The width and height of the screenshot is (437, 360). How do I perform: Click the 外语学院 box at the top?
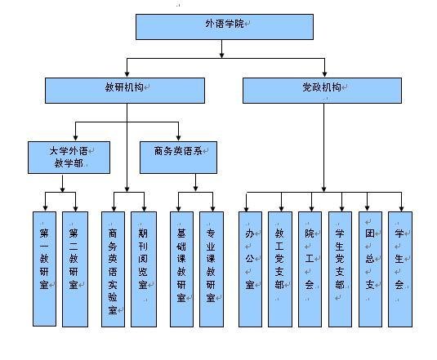[x=225, y=27]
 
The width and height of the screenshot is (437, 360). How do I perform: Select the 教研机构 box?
[x=125, y=91]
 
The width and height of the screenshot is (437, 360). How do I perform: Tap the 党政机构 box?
[x=322, y=91]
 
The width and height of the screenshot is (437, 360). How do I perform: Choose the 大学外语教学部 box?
[x=69, y=158]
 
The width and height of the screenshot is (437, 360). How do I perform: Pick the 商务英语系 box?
[x=178, y=158]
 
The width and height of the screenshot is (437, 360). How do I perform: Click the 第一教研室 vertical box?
[x=44, y=269]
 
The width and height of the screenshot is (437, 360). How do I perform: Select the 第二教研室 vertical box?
[x=75, y=269]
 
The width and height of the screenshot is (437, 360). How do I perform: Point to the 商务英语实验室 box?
[x=113, y=269]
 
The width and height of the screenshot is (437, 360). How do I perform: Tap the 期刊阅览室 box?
[x=144, y=269]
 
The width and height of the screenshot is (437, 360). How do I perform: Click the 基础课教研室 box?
[x=181, y=269]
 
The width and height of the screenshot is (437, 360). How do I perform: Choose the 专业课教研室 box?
[x=212, y=269]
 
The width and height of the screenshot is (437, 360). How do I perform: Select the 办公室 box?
[x=250, y=269]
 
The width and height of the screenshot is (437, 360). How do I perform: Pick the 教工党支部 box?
[x=280, y=269]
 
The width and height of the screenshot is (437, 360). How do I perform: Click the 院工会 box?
[x=310, y=269]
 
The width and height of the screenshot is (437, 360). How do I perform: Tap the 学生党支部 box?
[x=340, y=269]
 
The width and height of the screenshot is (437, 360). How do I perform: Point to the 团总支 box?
[x=370, y=269]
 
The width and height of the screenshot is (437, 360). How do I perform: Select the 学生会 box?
[x=400, y=269]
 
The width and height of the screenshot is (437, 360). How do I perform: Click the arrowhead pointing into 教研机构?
[x=127, y=74]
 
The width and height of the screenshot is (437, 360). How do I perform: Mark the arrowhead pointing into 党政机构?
[x=324, y=74]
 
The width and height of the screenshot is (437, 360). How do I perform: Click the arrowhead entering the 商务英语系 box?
[x=178, y=138]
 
